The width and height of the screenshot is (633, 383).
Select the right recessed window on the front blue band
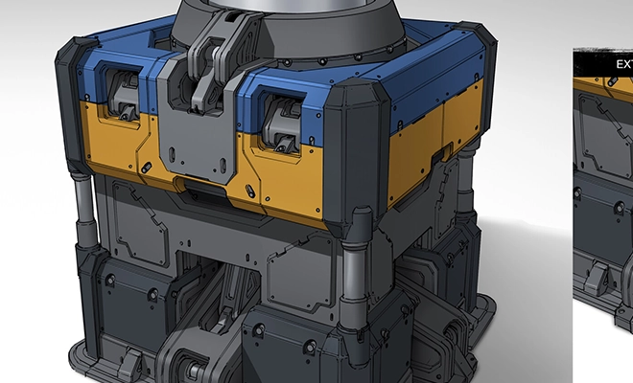(277, 116)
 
